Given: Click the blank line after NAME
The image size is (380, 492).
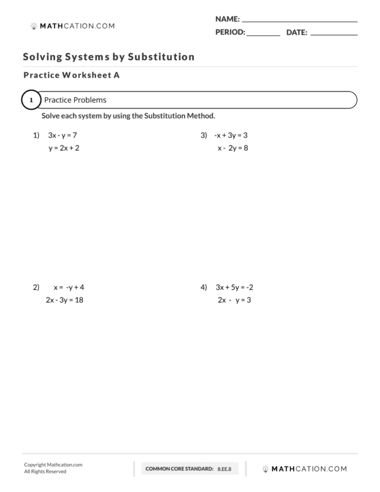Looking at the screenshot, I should (x=299, y=21).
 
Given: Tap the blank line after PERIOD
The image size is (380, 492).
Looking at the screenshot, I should (x=263, y=35).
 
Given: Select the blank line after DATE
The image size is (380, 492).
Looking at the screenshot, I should (x=333, y=35).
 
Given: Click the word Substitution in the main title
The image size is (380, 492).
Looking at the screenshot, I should (x=161, y=57).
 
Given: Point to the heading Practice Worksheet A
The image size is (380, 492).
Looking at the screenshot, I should (x=72, y=75).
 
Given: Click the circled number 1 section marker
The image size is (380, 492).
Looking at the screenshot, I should (x=31, y=100).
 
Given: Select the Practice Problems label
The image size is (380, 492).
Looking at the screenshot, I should (x=75, y=100).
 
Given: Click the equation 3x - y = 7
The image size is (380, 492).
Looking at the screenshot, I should (x=62, y=135).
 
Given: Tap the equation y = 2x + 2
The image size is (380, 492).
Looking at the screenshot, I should (x=64, y=149).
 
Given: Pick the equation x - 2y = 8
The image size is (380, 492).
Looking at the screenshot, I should (x=232, y=149).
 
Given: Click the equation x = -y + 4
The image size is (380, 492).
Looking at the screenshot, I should (x=68, y=287).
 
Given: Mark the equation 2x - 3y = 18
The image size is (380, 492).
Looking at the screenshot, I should (x=64, y=300).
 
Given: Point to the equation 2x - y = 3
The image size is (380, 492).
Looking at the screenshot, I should (x=234, y=300).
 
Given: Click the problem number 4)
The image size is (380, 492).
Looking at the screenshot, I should (x=204, y=287).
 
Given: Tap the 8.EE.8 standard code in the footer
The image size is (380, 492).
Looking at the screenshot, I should (x=224, y=469).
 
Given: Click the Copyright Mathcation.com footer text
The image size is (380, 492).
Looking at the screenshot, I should (x=53, y=465).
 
